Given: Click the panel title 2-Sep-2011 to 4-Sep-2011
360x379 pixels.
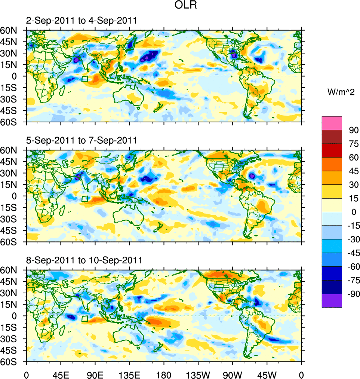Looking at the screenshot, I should point(81,21).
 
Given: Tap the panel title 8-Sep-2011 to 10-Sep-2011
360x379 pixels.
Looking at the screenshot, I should point(84,260).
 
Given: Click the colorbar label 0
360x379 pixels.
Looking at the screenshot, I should point(352,212).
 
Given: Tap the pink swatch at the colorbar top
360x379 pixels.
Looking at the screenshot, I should point(332,123).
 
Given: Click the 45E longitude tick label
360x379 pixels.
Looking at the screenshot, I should point(61,374).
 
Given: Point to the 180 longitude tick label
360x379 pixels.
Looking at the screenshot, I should point(164,374).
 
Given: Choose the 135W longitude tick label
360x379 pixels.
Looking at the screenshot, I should point(198,374).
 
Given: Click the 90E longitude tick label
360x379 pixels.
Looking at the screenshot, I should point(95,374).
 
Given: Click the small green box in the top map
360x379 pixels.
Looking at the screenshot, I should point(84,79).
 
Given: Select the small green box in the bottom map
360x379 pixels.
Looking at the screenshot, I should point(84,318).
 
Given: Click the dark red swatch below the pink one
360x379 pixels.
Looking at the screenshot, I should point(332,136).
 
